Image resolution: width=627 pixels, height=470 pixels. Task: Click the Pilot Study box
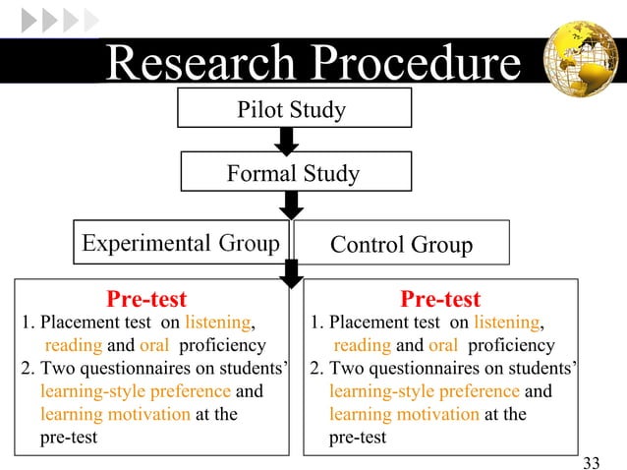coord(293,109)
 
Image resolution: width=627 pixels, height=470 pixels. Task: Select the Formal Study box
coord(293,175)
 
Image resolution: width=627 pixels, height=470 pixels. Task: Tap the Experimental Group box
coord(181,242)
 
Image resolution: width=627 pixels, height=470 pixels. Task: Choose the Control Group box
coord(401,243)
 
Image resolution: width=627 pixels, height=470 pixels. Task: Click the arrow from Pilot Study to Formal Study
coord(287,142)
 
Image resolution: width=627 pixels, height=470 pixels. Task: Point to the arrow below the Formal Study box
coord(292,205)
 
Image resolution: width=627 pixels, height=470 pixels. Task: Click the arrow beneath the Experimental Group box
coord(292,273)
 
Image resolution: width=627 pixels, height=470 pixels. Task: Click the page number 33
coord(591,462)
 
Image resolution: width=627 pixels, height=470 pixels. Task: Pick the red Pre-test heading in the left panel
coord(146,299)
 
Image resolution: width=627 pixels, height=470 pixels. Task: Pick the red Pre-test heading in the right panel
coord(440,299)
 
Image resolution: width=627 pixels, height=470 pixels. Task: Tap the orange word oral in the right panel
coord(443,345)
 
